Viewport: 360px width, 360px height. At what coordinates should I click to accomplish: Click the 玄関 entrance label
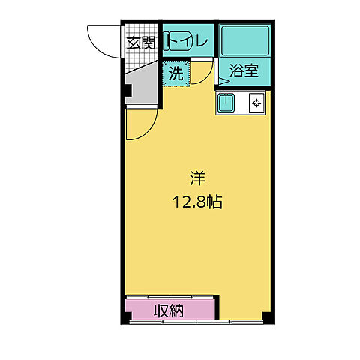(x=139, y=42)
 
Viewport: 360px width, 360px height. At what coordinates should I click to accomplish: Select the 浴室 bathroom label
(x=244, y=72)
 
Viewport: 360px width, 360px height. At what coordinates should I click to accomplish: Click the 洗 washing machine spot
(x=175, y=73)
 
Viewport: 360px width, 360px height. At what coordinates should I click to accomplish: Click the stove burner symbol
(x=256, y=103)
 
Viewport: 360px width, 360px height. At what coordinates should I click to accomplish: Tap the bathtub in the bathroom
(x=244, y=40)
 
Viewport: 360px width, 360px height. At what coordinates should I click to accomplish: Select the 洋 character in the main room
(x=197, y=178)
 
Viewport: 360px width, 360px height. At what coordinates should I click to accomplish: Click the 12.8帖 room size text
(x=196, y=201)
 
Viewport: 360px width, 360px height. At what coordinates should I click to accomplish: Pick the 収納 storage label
(x=170, y=309)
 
